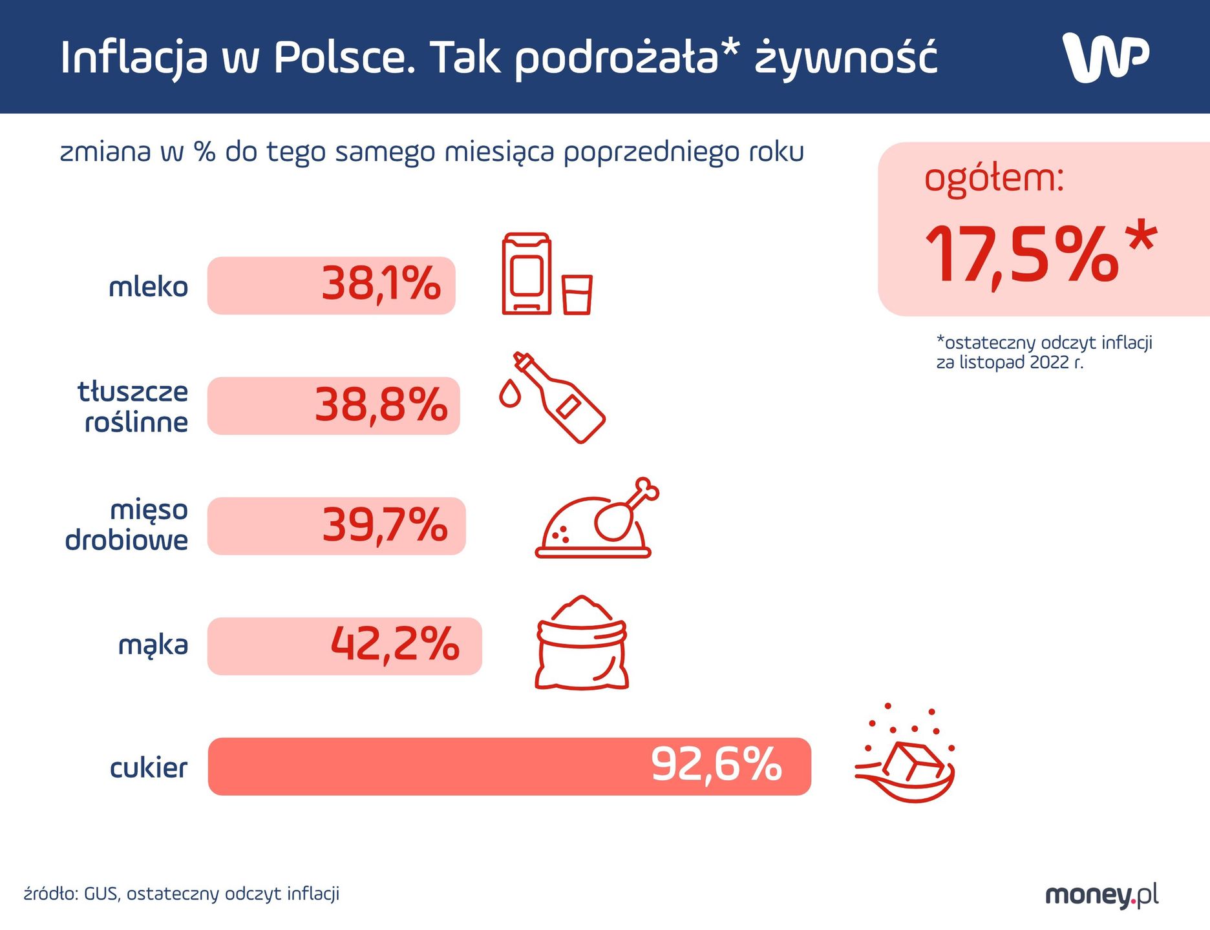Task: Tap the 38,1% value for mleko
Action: [x=381, y=284]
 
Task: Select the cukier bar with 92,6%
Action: [x=509, y=766]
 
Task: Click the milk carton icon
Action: [x=526, y=274]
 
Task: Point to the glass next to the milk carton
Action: [x=577, y=295]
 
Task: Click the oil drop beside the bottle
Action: [x=509, y=393]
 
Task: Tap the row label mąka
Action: [x=153, y=645]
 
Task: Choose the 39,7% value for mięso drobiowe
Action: [x=385, y=525]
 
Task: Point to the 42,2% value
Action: [x=394, y=645]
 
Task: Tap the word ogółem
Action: [x=993, y=178]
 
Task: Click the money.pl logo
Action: [x=1101, y=895]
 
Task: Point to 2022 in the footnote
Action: [x=1050, y=363]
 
